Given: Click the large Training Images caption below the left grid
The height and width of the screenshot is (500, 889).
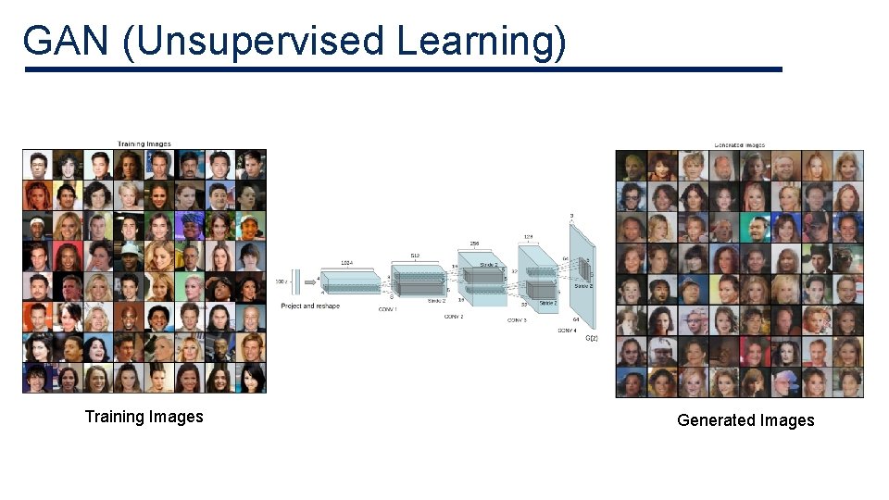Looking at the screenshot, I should [144, 417].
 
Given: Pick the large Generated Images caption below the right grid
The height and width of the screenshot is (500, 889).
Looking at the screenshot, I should [745, 420].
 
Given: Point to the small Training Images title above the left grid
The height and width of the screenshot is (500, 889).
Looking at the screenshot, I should [144, 144].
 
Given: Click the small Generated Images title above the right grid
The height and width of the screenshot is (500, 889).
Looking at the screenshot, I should [740, 144].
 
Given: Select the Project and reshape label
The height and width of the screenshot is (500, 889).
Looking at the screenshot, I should [309, 306].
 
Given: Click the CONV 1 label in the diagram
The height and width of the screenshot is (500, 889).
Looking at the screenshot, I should [388, 308].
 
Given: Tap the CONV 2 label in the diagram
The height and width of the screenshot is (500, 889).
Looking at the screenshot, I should [453, 317].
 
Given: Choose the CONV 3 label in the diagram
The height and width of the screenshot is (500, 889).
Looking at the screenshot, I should [517, 320].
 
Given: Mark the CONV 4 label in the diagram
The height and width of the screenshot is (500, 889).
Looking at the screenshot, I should [568, 331].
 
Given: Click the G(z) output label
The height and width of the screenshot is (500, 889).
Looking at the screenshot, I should [592, 338].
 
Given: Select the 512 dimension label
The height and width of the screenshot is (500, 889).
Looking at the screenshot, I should [415, 255].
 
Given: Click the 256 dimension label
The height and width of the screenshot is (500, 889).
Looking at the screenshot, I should [474, 244].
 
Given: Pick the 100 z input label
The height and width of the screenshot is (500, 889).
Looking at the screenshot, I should [282, 281].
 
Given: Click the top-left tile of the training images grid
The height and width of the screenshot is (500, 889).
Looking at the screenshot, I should [38, 165].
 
